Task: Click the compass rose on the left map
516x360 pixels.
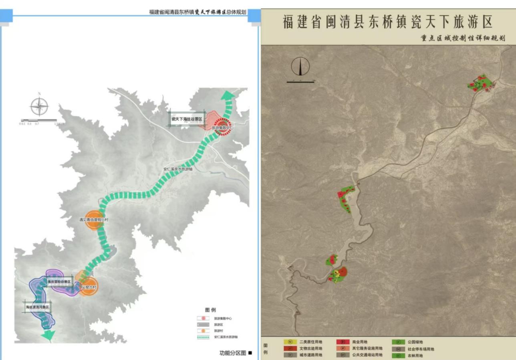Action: pyautogui.click(x=39, y=106)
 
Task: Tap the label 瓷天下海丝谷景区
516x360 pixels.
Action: pyautogui.click(x=186, y=119)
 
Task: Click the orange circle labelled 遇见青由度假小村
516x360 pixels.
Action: pyautogui.click(x=95, y=220)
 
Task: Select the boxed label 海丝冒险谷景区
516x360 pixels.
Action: pyautogui.click(x=59, y=282)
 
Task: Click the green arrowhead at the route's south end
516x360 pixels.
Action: pyautogui.click(x=48, y=335)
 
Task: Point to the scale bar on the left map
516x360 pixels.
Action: pyautogui.click(x=39, y=120)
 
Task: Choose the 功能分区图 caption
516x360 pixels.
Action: pyautogui.click(x=233, y=353)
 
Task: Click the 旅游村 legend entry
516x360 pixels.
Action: pyautogui.click(x=204, y=331)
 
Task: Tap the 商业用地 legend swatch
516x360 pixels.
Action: pyautogui.click(x=343, y=342)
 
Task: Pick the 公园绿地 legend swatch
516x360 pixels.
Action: pyautogui.click(x=399, y=342)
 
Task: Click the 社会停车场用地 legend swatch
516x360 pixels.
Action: pyautogui.click(x=399, y=349)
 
